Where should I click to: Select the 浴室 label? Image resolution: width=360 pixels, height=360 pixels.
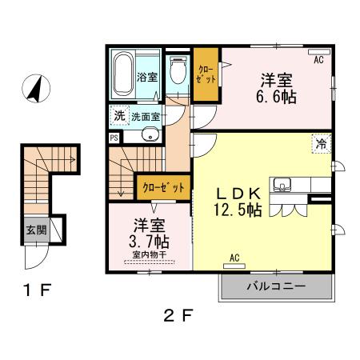146,78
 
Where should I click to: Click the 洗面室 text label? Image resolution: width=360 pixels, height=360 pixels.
146,116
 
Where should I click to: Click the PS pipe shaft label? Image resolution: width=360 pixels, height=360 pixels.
114,136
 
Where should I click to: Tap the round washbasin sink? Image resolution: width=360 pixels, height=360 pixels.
148,135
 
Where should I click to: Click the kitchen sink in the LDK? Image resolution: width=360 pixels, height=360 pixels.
282,187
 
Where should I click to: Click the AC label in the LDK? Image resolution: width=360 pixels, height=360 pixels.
235,258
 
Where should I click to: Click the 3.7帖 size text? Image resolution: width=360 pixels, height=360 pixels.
150,240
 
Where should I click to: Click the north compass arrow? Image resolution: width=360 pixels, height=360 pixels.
34,88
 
